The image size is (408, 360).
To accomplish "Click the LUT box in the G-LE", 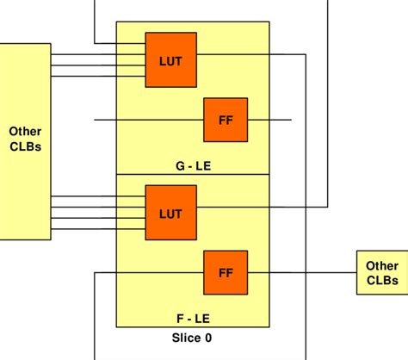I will [170, 59].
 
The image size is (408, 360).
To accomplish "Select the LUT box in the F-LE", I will [170, 211].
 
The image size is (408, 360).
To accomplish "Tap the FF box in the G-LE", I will [225, 120].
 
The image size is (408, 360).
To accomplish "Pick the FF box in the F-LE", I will [225, 272].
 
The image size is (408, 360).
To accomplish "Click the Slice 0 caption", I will [192, 338].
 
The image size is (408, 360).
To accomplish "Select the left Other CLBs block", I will [25, 139].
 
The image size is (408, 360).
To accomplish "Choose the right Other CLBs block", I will [381, 272].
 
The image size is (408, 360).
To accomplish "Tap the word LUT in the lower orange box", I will [170, 211].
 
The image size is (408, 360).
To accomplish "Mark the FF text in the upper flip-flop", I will [225, 120].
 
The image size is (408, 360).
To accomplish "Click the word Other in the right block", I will [381, 265].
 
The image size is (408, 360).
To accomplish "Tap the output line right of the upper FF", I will [269, 120].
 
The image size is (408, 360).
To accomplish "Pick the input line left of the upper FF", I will [146, 120].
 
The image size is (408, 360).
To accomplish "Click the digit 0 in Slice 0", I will [207, 338].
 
